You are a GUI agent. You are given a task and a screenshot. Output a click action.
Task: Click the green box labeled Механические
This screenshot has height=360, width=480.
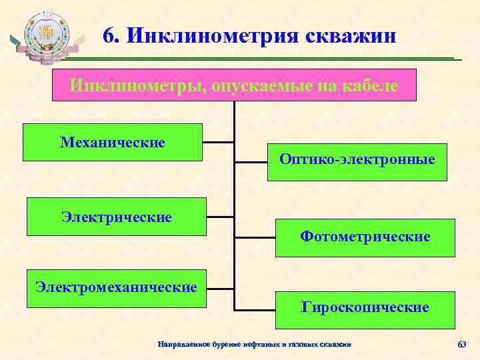(112, 142)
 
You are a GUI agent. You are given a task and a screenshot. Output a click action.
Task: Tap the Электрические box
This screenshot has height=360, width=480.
(116, 217)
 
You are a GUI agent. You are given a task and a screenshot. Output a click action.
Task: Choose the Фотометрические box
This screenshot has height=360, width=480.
(365, 237)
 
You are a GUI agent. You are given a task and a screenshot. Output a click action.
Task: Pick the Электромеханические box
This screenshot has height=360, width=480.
(117, 288)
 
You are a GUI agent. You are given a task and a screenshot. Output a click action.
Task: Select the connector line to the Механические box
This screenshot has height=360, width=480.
(218, 142)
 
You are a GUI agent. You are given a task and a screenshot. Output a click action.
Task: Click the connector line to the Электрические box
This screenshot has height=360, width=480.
(220, 217)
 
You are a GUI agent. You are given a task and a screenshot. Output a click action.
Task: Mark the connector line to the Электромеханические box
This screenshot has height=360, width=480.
(220, 288)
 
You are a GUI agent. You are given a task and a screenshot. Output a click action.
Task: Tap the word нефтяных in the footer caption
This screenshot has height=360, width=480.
(264, 344)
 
